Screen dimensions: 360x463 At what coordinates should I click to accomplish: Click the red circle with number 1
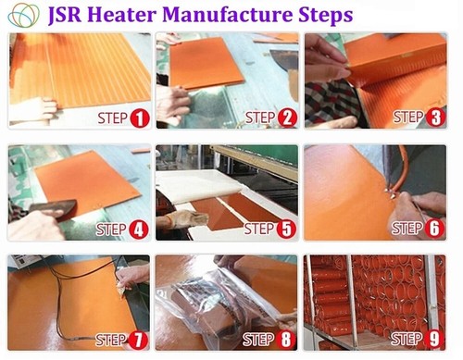point(139,118)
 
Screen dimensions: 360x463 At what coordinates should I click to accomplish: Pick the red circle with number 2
point(287,118)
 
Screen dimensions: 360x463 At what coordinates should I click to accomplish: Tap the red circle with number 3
point(434,118)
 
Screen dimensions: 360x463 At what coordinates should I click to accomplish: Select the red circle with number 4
point(139,229)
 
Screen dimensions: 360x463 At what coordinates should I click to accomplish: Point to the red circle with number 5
point(287,229)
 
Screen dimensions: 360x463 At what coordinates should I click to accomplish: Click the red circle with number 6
point(434,229)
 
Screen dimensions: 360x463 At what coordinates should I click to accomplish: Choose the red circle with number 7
point(139,340)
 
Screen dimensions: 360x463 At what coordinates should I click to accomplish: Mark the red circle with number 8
point(287,340)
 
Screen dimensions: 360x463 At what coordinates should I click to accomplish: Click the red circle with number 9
point(434,340)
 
